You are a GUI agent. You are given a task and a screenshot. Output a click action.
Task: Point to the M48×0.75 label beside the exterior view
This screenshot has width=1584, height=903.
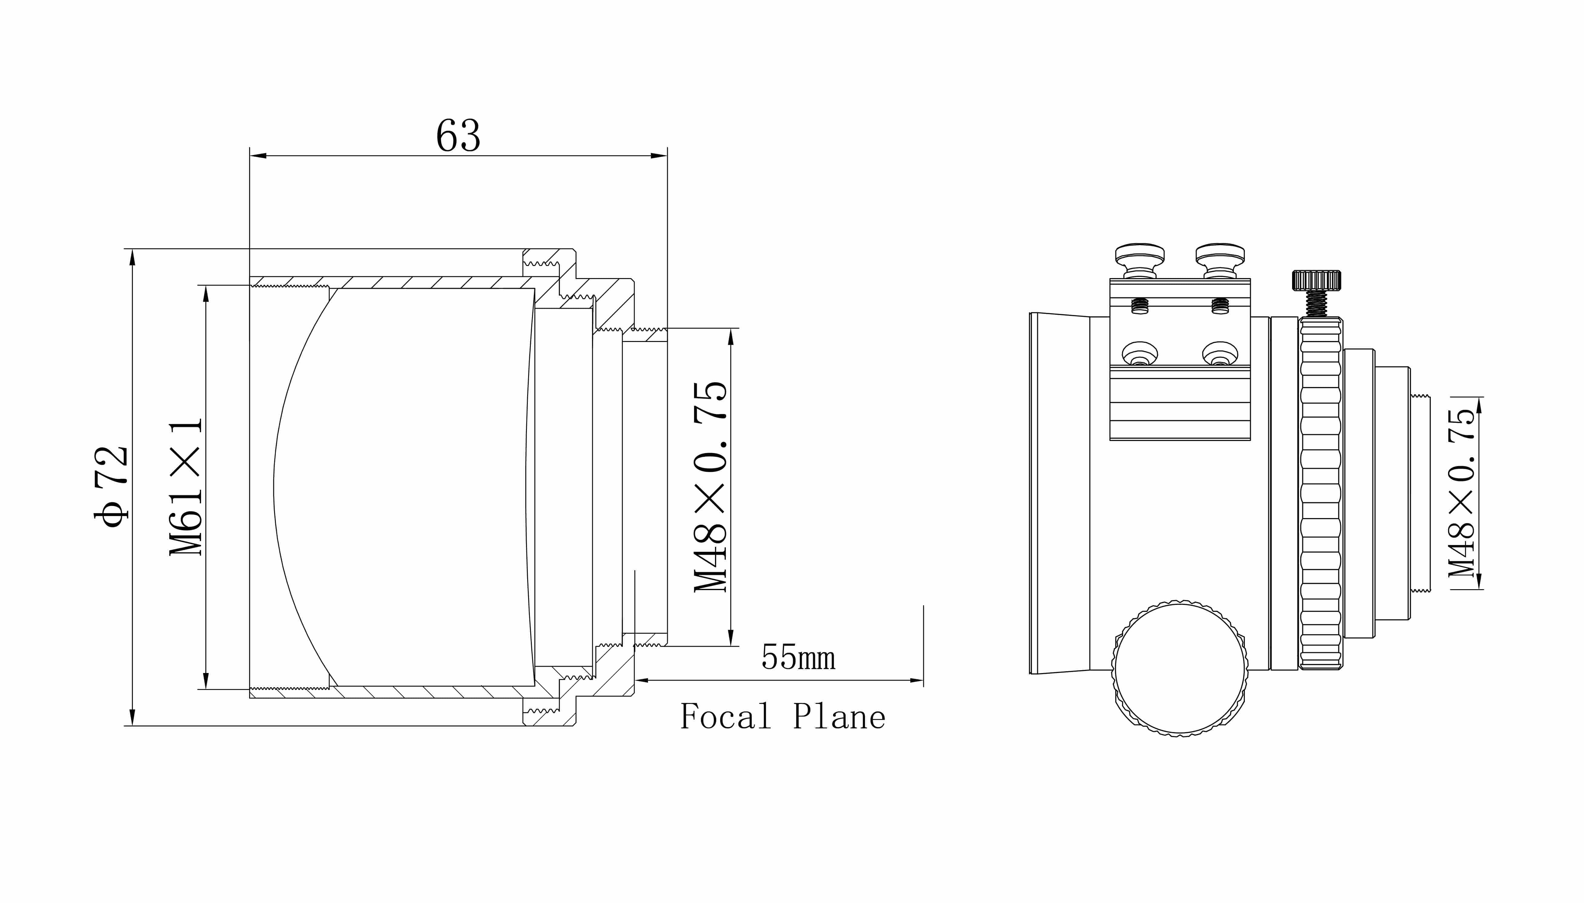click(1461, 493)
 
